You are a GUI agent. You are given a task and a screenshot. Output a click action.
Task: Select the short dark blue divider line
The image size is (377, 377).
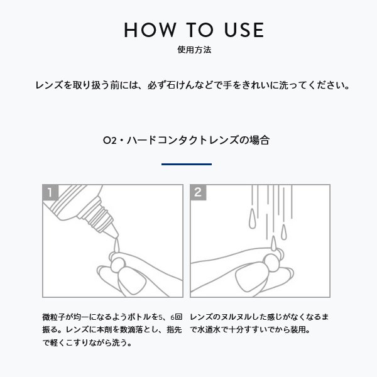[x=187, y=164]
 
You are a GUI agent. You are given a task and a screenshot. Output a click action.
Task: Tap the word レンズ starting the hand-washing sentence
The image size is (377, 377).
[x=49, y=84]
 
